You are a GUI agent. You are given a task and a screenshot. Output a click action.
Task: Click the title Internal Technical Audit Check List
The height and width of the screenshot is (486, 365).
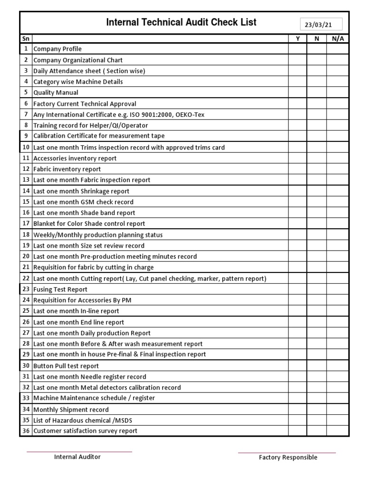pos(181,22)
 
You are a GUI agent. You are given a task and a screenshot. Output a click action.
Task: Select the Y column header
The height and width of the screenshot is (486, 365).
pos(298,38)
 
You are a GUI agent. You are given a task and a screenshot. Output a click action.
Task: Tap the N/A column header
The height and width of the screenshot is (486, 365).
pos(338,38)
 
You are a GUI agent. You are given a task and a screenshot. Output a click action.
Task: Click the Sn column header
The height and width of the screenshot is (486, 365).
pos(26,38)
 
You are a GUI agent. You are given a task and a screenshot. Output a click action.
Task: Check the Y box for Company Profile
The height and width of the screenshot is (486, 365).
pos(298,49)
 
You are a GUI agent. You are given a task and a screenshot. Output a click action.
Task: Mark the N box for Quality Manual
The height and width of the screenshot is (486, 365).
pos(317,93)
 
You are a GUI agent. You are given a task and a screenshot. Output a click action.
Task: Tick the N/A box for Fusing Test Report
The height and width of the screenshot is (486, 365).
pos(338,289)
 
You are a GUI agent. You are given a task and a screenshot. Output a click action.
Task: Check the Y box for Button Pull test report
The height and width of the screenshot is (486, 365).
pos(298,366)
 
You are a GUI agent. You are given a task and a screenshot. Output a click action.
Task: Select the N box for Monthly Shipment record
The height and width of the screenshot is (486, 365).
pos(317,410)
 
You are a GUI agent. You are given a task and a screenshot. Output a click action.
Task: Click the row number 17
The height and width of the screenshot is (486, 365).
pos(26,224)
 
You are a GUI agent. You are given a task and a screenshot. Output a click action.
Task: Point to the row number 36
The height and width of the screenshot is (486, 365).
pos(26,431)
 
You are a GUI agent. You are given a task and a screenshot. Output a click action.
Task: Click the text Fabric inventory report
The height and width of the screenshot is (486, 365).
pos(67,169)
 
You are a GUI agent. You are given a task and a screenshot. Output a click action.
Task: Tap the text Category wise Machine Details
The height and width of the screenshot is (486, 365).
pos(78,82)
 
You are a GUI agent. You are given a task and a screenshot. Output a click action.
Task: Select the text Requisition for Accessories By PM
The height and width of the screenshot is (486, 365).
pos(82,300)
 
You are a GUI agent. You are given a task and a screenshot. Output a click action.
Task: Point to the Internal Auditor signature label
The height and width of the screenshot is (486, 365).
pos(77,457)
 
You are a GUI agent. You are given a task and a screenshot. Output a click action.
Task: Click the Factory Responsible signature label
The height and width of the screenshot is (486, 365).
pos(288,458)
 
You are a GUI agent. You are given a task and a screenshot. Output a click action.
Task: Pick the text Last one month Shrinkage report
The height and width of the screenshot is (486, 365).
pos(81,191)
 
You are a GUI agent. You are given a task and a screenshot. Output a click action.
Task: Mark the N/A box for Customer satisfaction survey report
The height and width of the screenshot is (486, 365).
pos(338,431)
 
